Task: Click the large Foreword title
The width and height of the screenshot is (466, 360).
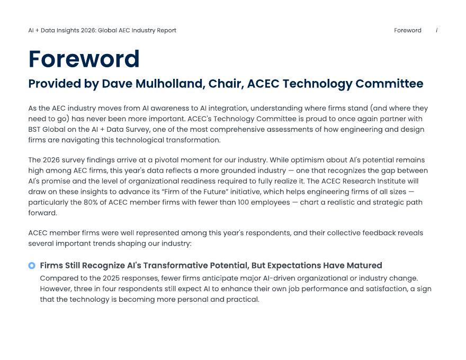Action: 84,59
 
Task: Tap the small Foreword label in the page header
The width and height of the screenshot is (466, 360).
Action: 407,30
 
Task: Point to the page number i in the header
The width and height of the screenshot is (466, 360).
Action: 436,30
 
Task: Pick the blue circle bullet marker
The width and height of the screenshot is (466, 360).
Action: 32,266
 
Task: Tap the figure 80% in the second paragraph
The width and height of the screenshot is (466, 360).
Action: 91,202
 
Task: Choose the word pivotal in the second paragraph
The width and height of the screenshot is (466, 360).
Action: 166,160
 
